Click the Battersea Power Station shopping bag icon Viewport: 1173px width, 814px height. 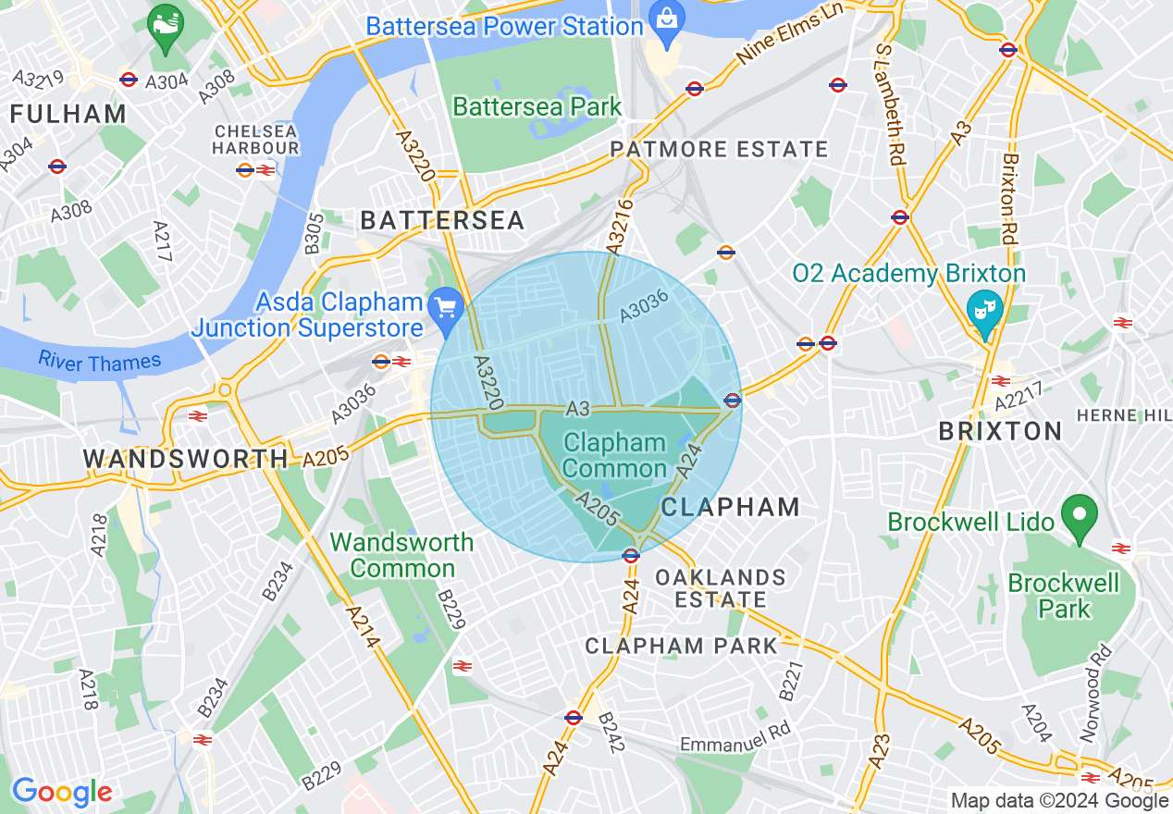[664, 17]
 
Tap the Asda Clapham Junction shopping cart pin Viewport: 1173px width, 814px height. [446, 304]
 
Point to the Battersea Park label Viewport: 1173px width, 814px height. [537, 107]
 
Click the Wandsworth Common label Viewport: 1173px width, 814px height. [401, 555]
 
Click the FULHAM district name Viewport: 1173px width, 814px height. [68, 115]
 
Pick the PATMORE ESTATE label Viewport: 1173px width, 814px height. [720, 149]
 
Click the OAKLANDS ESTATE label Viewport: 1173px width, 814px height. [720, 588]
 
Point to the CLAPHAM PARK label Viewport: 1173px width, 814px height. [682, 646]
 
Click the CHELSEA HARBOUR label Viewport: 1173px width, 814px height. [256, 140]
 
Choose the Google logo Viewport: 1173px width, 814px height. [61, 793]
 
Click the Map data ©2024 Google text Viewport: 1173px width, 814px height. [1059, 801]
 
